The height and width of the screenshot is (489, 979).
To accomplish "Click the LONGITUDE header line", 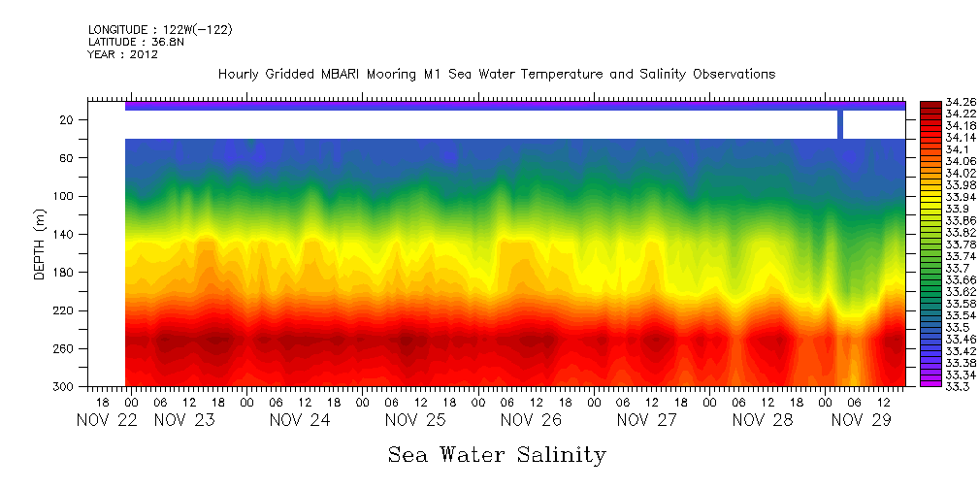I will [x=159, y=30].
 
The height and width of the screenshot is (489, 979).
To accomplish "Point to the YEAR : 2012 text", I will [x=122, y=54].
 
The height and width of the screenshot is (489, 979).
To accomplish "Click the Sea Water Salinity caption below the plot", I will [x=497, y=454].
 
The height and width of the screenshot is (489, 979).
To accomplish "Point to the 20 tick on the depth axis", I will [x=68, y=120].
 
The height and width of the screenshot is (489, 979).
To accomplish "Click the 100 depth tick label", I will [x=65, y=196].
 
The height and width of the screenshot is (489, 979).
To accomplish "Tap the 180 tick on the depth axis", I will [x=65, y=273].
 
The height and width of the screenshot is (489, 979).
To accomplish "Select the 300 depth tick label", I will [x=65, y=387].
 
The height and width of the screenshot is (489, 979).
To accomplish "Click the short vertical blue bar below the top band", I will [x=840, y=124].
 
